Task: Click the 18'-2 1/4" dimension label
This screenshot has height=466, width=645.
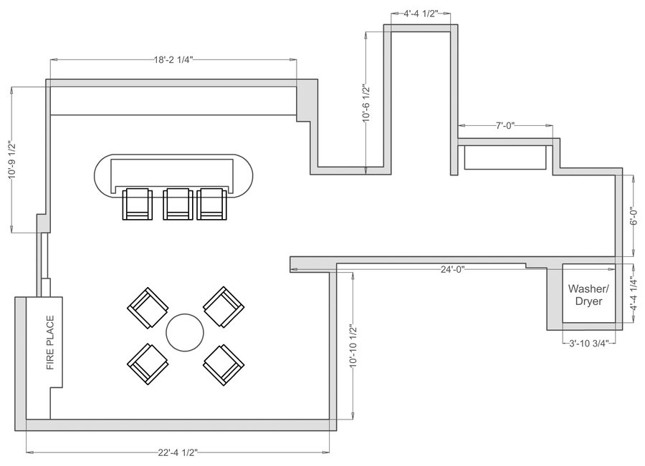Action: (173, 62)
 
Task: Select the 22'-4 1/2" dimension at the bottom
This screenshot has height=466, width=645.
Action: (178, 452)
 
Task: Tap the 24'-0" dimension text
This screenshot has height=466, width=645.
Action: (452, 270)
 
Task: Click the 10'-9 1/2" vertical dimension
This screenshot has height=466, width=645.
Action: (12, 160)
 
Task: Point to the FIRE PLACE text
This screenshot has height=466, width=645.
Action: (51, 344)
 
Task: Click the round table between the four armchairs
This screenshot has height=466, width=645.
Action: (185, 332)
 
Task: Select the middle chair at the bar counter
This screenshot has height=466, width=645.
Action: (176, 204)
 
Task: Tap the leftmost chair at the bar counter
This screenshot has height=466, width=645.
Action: (138, 204)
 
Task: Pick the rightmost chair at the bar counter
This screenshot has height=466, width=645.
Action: (212, 204)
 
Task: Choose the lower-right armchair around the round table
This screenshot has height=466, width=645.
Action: (223, 363)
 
